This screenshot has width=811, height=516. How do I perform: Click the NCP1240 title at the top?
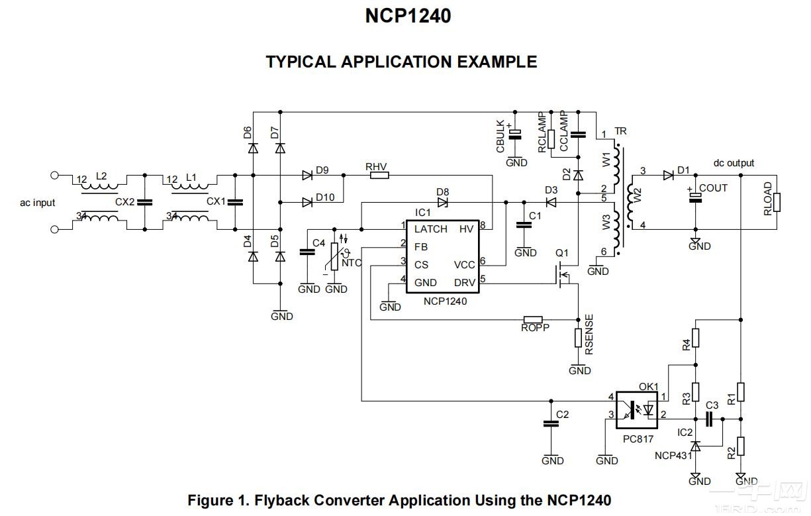click(408, 16)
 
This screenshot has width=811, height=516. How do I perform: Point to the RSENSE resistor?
click(579, 338)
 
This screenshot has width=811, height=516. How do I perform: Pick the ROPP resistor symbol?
click(533, 319)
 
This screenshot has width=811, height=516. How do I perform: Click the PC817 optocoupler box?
click(638, 409)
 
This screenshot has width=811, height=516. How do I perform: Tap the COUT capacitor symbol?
click(694, 197)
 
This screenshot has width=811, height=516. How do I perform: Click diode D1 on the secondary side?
click(667, 176)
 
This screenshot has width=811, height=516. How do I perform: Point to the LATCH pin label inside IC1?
click(430, 229)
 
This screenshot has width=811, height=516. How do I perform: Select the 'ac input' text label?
click(38, 202)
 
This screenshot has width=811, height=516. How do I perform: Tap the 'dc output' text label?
click(733, 163)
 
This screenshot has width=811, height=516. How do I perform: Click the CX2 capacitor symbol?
click(144, 202)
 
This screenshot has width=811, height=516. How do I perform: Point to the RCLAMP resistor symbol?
click(551, 138)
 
